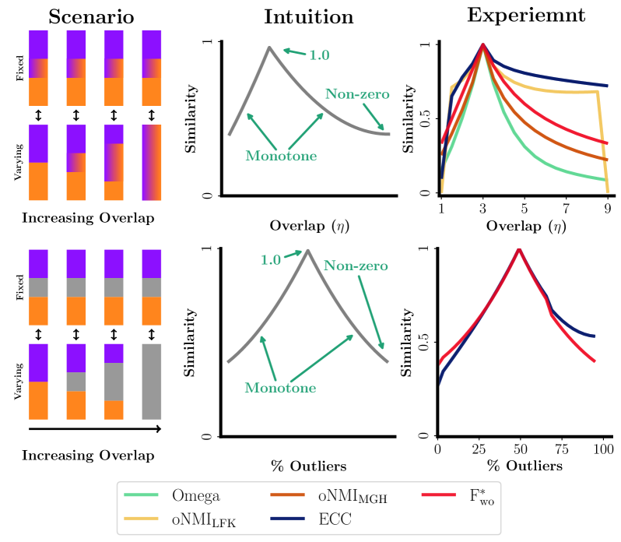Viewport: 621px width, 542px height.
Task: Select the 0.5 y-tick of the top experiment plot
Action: (x=423, y=118)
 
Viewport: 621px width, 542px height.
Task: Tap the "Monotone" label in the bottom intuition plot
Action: (x=280, y=387)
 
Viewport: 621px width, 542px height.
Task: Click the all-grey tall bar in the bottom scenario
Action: (x=152, y=382)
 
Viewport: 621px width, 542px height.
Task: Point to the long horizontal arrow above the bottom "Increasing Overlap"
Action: (x=94, y=428)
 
